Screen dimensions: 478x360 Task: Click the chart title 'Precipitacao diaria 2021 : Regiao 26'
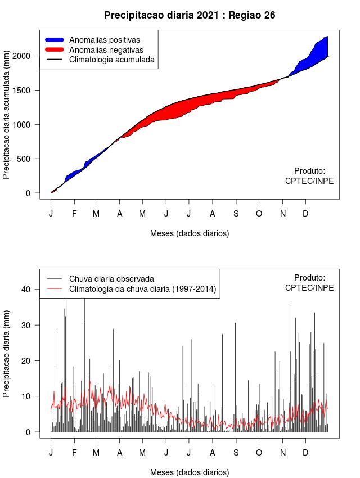click(x=190, y=15)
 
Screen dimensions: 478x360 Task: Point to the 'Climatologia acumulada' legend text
click(x=111, y=59)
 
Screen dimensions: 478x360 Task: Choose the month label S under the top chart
click(x=236, y=214)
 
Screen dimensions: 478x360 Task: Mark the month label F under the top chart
click(x=74, y=214)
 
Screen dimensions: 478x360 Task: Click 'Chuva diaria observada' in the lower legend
click(x=111, y=278)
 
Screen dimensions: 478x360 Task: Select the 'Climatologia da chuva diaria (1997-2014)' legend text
click(x=143, y=289)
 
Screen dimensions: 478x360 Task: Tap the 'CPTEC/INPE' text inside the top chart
click(x=309, y=181)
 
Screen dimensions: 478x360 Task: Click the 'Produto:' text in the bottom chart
click(x=309, y=277)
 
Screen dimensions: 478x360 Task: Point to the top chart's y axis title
click(x=7, y=119)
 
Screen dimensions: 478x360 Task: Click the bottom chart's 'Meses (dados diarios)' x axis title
click(x=190, y=472)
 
